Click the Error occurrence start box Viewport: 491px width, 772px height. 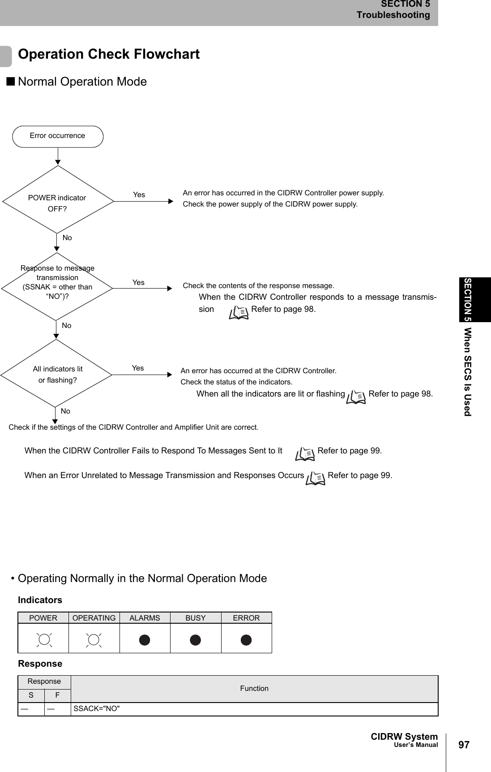pyautogui.click(x=58, y=136)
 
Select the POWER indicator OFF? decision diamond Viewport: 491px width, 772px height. pyautogui.click(x=58, y=200)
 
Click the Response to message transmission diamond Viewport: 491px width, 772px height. pyautogui.click(x=57, y=286)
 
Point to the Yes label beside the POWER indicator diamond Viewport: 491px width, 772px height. pyautogui.click(x=139, y=194)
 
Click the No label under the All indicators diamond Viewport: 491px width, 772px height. pyautogui.click(x=65, y=411)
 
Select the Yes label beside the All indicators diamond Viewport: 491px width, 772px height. pyautogui.click(x=138, y=368)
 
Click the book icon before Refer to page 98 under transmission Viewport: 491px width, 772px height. pyautogui.click(x=239, y=312)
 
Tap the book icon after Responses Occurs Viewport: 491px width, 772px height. pyautogui.click(x=316, y=478)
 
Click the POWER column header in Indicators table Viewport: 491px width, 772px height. pyautogui.click(x=43, y=618)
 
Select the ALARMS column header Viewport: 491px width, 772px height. pyautogui.click(x=145, y=618)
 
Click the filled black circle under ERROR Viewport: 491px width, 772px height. pyautogui.click(x=246, y=640)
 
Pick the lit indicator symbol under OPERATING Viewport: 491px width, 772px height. pyautogui.click(x=94, y=640)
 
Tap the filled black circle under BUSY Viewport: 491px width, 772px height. pyautogui.click(x=196, y=640)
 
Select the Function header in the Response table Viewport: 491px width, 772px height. pyautogui.click(x=254, y=688)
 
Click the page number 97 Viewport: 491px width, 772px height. pyautogui.click(x=464, y=745)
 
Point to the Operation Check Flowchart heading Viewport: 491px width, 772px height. pyautogui.click(x=109, y=54)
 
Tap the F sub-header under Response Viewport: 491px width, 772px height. pyautogui.click(x=57, y=695)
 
